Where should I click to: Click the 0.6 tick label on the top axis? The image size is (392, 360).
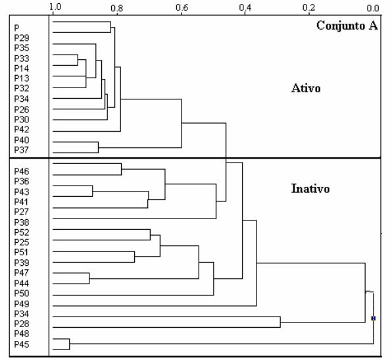click(x=182, y=8)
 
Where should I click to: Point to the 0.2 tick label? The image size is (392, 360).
click(x=308, y=8)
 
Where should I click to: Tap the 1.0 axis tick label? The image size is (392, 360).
click(x=55, y=7)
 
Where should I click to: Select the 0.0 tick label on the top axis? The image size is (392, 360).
click(x=373, y=9)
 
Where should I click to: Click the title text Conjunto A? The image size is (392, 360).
click(x=347, y=26)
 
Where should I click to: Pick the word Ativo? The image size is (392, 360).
click(x=306, y=88)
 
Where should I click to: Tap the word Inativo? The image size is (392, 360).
click(x=310, y=189)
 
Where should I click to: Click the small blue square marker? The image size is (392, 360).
click(x=374, y=319)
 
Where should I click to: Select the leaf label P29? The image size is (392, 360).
click(x=22, y=38)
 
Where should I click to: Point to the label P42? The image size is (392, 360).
click(x=22, y=130)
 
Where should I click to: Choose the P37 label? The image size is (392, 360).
click(x=22, y=150)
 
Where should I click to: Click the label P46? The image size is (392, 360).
click(x=22, y=171)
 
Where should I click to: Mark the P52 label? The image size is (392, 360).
click(x=22, y=232)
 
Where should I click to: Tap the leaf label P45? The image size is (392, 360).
click(x=22, y=344)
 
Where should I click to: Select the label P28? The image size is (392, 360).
click(x=22, y=324)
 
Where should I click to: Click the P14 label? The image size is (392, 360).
click(x=22, y=68)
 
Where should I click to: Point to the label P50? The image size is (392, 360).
click(x=22, y=294)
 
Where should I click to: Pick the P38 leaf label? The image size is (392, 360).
click(x=22, y=222)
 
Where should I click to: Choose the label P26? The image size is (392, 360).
click(x=22, y=109)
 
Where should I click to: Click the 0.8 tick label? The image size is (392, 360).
click(x=117, y=9)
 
